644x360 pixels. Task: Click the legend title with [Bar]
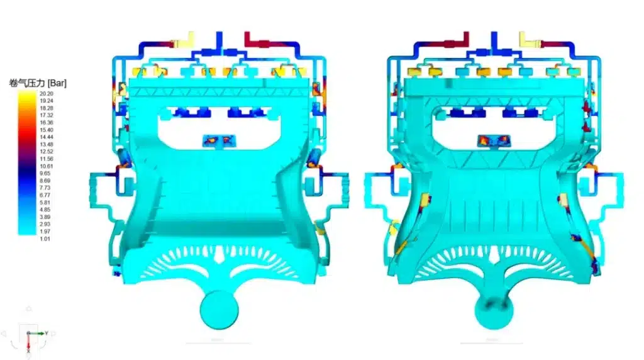[x=38, y=83]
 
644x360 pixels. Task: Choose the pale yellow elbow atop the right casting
[x=530, y=40]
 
